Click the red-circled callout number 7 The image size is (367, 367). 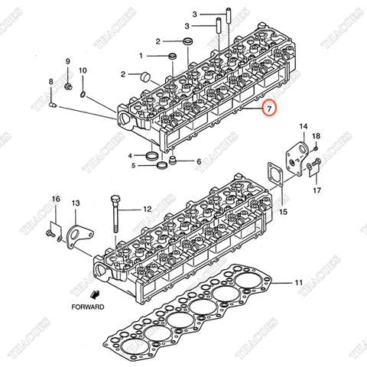[269, 110]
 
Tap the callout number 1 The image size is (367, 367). [141, 55]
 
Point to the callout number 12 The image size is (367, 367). [147, 208]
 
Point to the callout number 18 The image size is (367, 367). [317, 136]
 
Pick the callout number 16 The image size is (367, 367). [55, 200]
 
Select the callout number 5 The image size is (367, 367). [133, 164]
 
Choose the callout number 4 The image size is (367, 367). [131, 155]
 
